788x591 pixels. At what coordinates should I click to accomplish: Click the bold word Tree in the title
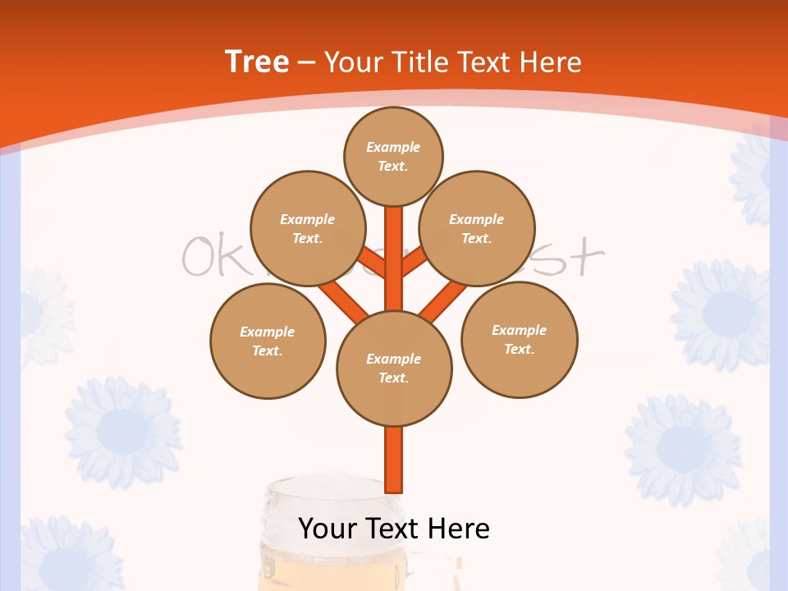click(x=257, y=62)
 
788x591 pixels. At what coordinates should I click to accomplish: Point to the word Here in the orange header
click(x=552, y=62)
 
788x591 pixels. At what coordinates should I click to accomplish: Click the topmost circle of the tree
click(x=393, y=156)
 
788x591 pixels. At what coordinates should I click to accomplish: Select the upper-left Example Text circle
click(x=308, y=228)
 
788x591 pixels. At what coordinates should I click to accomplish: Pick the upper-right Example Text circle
click(x=477, y=228)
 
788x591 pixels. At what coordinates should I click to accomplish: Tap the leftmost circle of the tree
click(x=268, y=341)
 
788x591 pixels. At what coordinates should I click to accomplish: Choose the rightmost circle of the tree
click(x=519, y=339)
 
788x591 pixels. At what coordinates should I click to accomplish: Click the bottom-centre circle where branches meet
click(x=394, y=368)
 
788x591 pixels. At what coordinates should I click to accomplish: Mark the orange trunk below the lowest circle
click(x=394, y=459)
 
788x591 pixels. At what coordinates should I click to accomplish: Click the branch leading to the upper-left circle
click(x=373, y=264)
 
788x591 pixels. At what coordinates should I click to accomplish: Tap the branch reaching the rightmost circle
click(x=442, y=302)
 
